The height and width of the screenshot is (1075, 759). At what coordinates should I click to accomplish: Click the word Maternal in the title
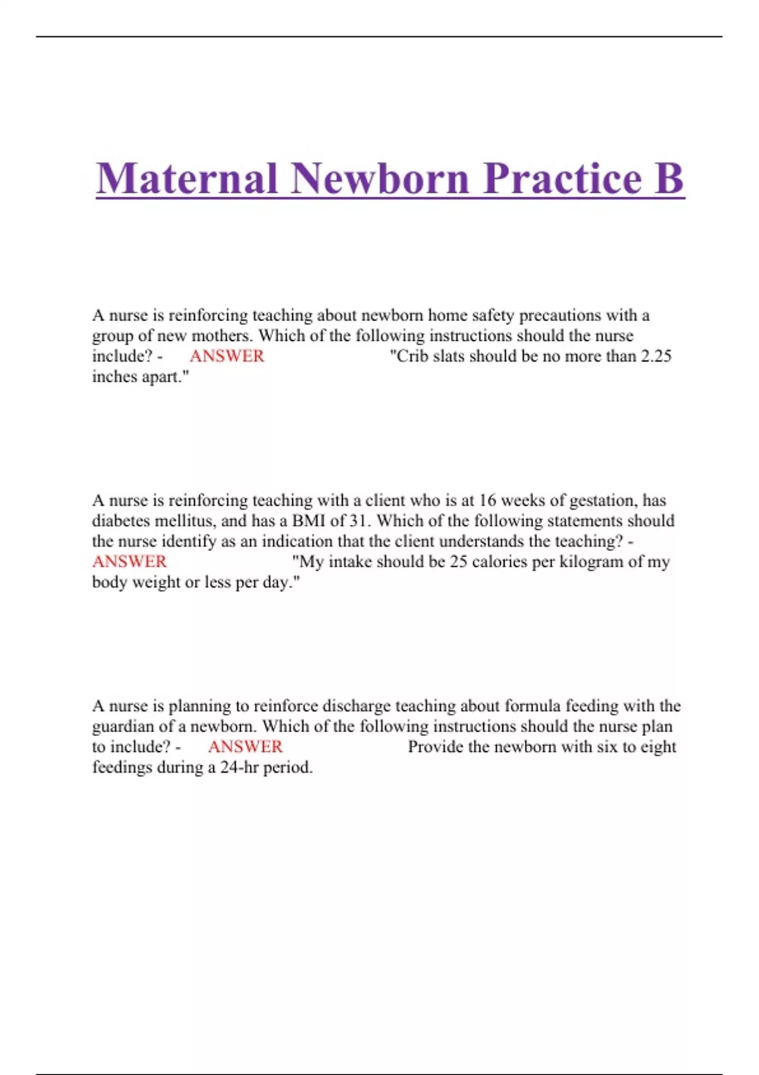pos(187,178)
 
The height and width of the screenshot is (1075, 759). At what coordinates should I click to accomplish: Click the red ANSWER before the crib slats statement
pos(227,356)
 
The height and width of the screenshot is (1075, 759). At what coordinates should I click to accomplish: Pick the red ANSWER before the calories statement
pos(130,562)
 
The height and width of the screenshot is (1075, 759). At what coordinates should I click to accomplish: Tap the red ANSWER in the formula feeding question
pos(245,747)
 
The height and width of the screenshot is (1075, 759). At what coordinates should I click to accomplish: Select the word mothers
pos(221,336)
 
